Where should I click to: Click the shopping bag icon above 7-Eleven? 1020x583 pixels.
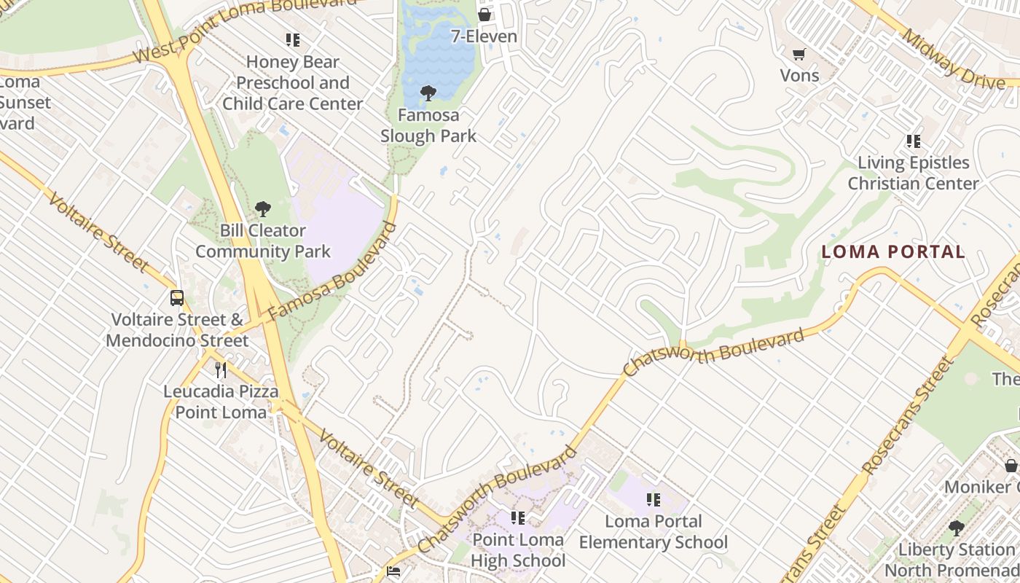484,15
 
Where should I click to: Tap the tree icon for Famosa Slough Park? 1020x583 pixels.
428,93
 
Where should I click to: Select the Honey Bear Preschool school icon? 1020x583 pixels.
293,40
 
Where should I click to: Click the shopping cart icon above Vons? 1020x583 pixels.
799,54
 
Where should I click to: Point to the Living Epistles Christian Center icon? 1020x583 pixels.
913,141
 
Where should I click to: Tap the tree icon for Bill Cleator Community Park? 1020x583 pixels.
263,209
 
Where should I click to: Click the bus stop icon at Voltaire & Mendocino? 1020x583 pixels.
177,297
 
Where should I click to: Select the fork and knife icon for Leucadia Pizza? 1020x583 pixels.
221,370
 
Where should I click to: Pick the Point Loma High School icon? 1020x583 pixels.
518,518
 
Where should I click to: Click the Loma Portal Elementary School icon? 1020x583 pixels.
654,500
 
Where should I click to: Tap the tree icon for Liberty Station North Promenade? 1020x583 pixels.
957,528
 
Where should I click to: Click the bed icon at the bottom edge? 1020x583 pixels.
393,571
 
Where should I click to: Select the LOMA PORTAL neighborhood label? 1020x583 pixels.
893,252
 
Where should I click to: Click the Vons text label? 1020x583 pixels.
799,75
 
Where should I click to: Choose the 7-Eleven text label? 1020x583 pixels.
484,36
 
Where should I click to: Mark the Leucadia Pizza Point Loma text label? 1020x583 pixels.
221,402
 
